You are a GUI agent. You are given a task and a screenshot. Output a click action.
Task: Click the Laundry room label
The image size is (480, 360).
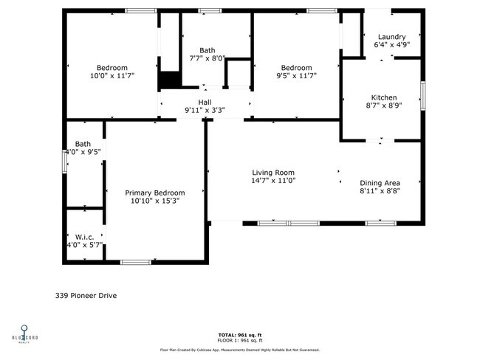(391, 37)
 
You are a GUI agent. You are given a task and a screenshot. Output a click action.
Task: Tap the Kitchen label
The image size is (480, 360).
(383, 97)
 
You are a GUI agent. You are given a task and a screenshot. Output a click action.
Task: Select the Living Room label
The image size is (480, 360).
(273, 173)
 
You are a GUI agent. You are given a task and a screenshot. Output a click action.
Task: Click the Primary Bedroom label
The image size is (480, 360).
(154, 193)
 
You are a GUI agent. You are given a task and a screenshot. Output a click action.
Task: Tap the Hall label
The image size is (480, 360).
(205, 103)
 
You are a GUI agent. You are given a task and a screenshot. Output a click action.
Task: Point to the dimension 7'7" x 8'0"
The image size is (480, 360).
(207, 58)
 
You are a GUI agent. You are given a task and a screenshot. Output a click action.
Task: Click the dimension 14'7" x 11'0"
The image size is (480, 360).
(273, 181)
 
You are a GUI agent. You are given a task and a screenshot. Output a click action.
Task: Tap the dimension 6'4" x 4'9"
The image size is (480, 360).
(392, 45)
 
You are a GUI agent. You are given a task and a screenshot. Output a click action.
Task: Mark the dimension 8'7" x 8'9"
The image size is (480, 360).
(383, 105)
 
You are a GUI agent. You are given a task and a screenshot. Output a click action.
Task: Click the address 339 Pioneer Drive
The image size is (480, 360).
(86, 296)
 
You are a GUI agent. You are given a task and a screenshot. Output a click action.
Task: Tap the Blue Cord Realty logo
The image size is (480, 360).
(24, 331)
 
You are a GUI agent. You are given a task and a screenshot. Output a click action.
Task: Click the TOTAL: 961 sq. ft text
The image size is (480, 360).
(239, 334)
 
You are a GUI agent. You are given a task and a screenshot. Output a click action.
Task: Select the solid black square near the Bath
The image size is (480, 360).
(170, 80)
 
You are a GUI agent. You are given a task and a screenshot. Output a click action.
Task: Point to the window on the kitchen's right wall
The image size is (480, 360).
(423, 95)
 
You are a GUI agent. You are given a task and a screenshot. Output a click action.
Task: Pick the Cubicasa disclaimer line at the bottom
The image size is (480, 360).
(239, 350)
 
